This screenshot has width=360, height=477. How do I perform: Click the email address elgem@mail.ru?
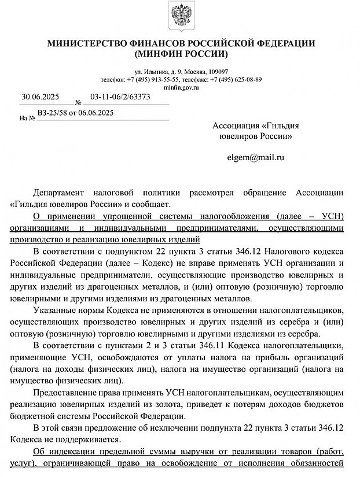click(x=256, y=157)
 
